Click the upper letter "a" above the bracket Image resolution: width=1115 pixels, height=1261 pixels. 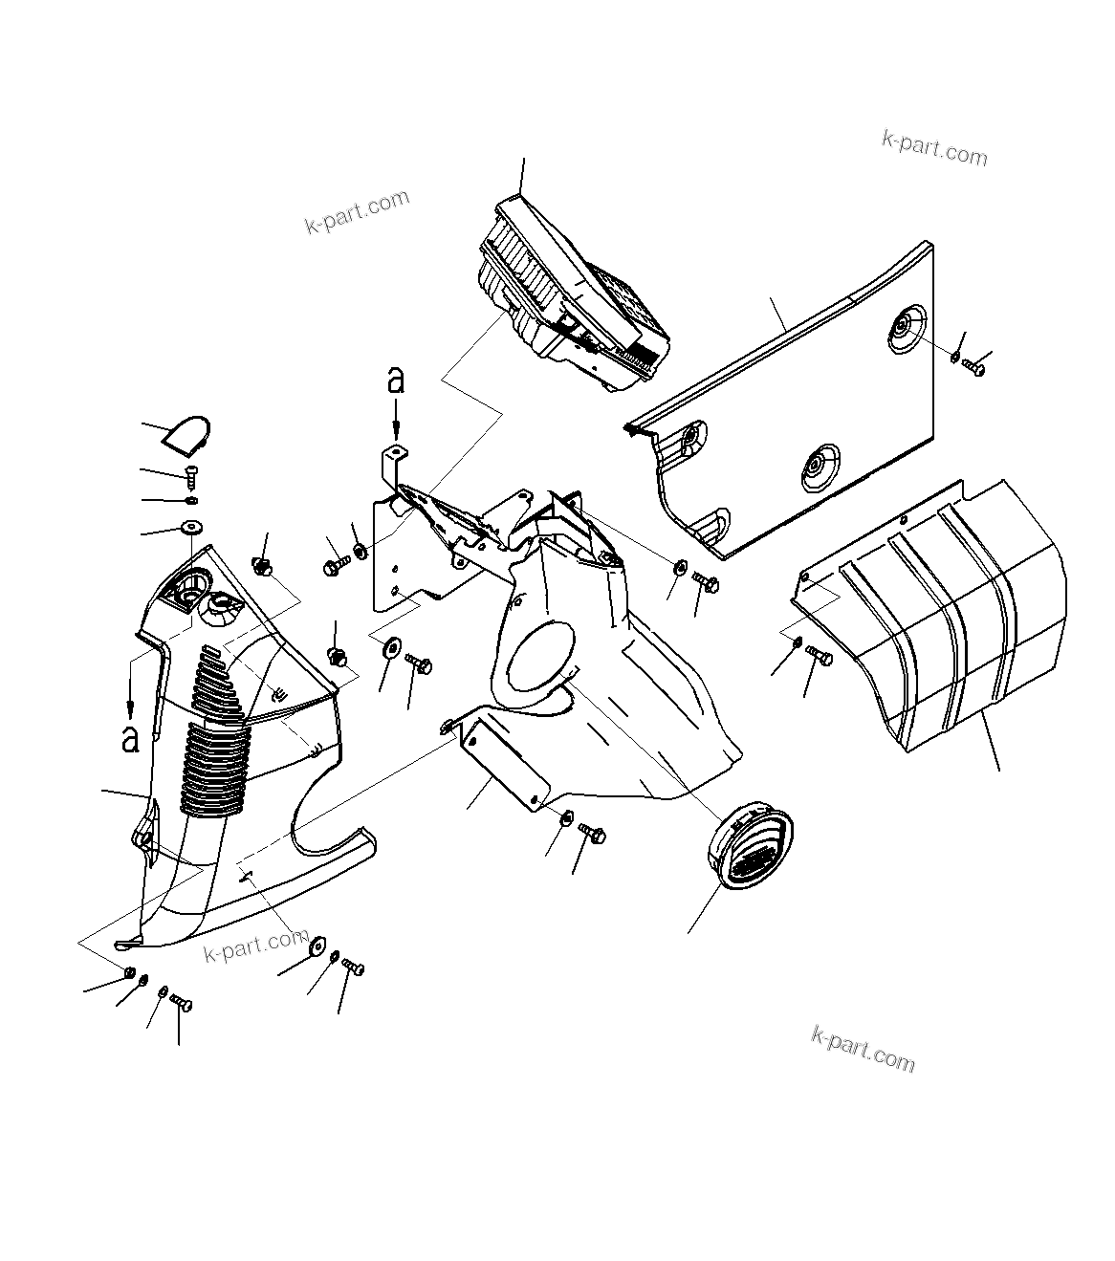pos(395,380)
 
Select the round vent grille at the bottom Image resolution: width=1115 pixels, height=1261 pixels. pos(751,847)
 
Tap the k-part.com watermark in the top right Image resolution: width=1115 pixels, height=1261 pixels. pos(933,148)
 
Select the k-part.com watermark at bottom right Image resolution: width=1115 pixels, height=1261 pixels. pos(863,1049)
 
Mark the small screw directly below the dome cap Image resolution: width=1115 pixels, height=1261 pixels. pos(191,472)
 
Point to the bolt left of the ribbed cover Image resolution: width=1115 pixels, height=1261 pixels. pos(820,656)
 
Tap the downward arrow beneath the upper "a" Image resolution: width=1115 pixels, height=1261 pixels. pos(396,418)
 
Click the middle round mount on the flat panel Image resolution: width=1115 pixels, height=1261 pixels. pos(816,466)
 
